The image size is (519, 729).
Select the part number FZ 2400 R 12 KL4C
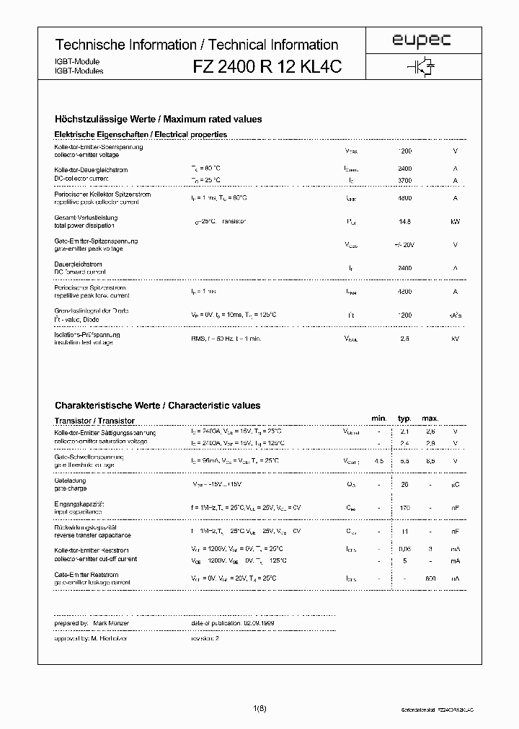266,66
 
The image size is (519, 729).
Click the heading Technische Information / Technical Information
197,45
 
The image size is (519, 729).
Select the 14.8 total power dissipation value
404,221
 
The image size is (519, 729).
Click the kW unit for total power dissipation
455,221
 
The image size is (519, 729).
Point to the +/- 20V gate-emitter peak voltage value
404,245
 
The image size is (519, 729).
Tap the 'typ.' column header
404,419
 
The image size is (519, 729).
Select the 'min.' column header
378,419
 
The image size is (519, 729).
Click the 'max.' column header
430,419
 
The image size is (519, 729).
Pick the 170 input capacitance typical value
404,508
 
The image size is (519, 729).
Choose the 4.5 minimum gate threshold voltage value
378,460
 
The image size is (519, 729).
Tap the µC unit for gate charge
455,484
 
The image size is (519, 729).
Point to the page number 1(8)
259,710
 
